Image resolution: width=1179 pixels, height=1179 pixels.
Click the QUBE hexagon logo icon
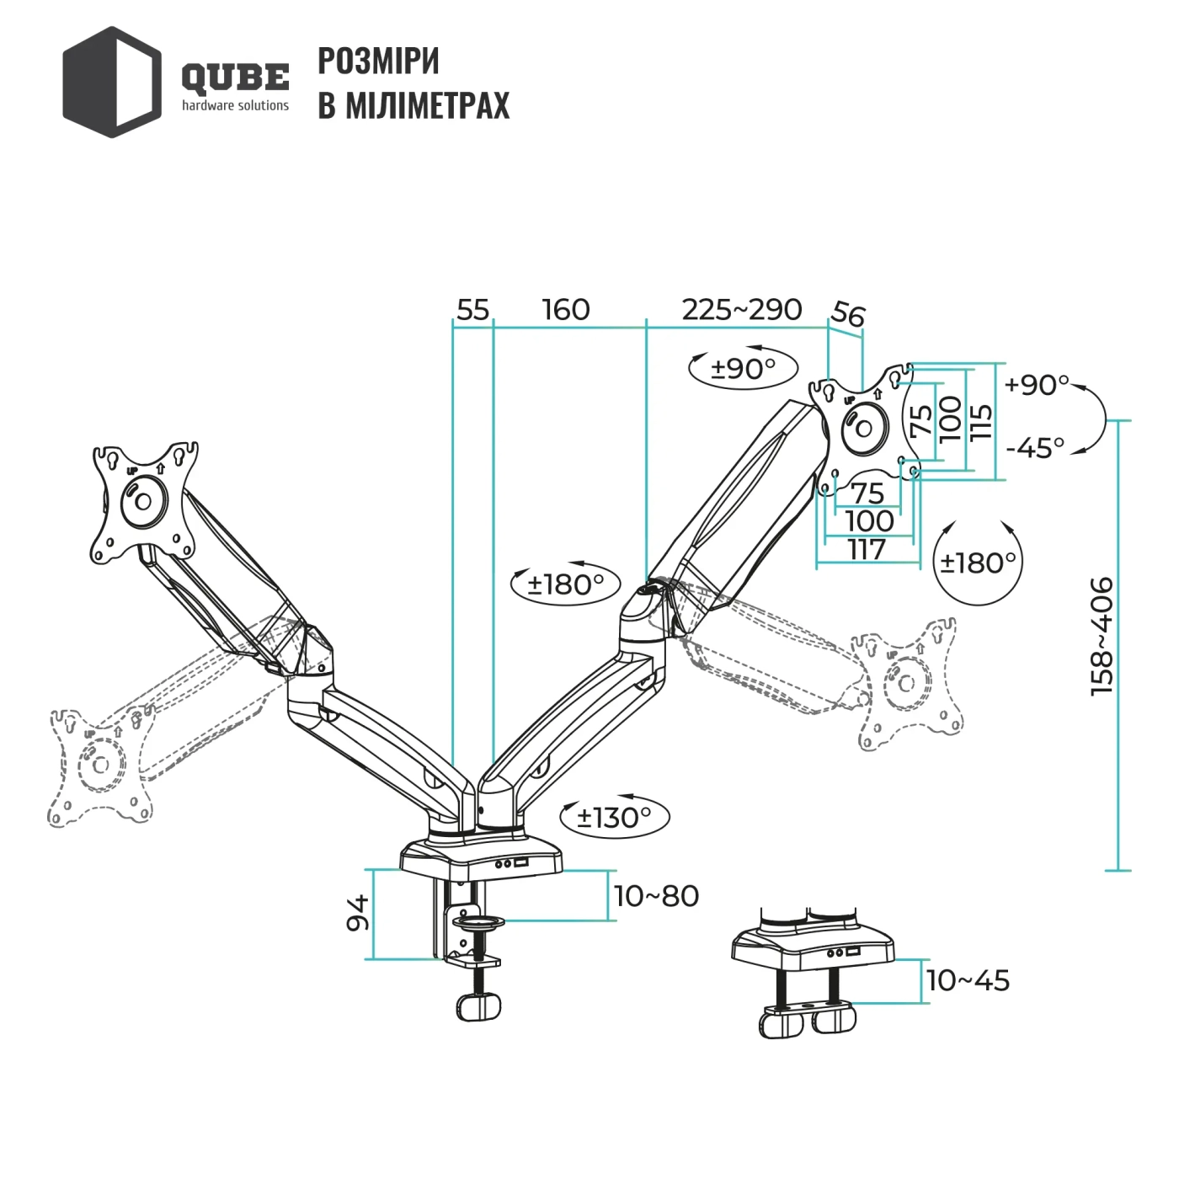pyautogui.click(x=111, y=82)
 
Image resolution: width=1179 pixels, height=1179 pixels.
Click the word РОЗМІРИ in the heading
pyautogui.click(x=378, y=61)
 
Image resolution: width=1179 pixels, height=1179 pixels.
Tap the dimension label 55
pyautogui.click(x=472, y=310)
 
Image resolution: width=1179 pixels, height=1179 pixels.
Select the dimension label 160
pyautogui.click(x=566, y=310)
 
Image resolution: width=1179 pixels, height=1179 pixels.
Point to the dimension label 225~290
pyautogui.click(x=741, y=310)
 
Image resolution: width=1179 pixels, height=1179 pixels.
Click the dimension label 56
pyautogui.click(x=847, y=314)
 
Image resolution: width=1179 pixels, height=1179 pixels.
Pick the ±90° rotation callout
pyautogui.click(x=743, y=368)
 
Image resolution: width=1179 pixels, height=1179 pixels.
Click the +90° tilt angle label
pyautogui.click(x=1037, y=385)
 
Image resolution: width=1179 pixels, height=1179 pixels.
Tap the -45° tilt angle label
pyautogui.click(x=1035, y=447)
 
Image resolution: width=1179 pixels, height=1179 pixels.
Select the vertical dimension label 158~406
pyautogui.click(x=1102, y=636)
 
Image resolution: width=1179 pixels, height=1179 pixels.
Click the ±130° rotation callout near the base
pyautogui.click(x=615, y=817)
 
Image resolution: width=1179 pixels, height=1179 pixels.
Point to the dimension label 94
pyautogui.click(x=359, y=913)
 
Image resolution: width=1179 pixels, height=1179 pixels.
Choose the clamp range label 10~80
pyautogui.click(x=656, y=896)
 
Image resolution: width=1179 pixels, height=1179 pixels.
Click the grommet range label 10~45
pyautogui.click(x=968, y=980)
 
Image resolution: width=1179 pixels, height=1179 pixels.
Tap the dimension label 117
pyautogui.click(x=867, y=549)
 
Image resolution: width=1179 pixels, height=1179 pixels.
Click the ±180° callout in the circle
pyautogui.click(x=978, y=562)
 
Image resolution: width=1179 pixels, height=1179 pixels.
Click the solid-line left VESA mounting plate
pyautogui.click(x=144, y=500)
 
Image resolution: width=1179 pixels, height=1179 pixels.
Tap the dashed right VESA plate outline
pyautogui.click(x=908, y=683)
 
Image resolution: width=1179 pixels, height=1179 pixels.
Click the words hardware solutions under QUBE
pyautogui.click(x=235, y=106)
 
